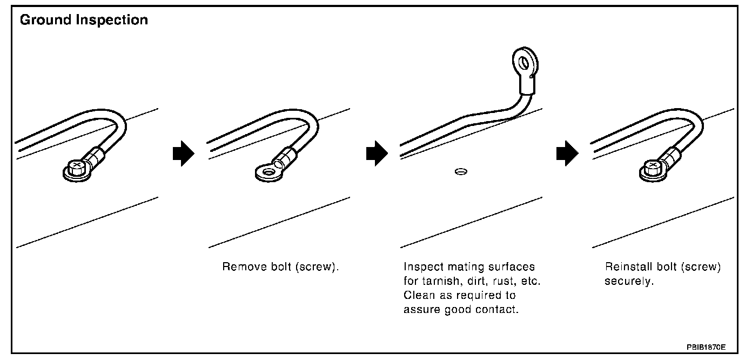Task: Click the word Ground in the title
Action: (43, 21)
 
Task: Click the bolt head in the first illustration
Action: (77, 165)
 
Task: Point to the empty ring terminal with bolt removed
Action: (266, 172)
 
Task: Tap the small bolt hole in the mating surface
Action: (460, 172)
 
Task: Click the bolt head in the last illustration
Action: (653, 165)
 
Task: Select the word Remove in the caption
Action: (239, 268)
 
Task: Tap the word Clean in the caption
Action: (417, 296)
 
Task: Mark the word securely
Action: (629, 282)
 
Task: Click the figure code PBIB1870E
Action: (706, 346)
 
